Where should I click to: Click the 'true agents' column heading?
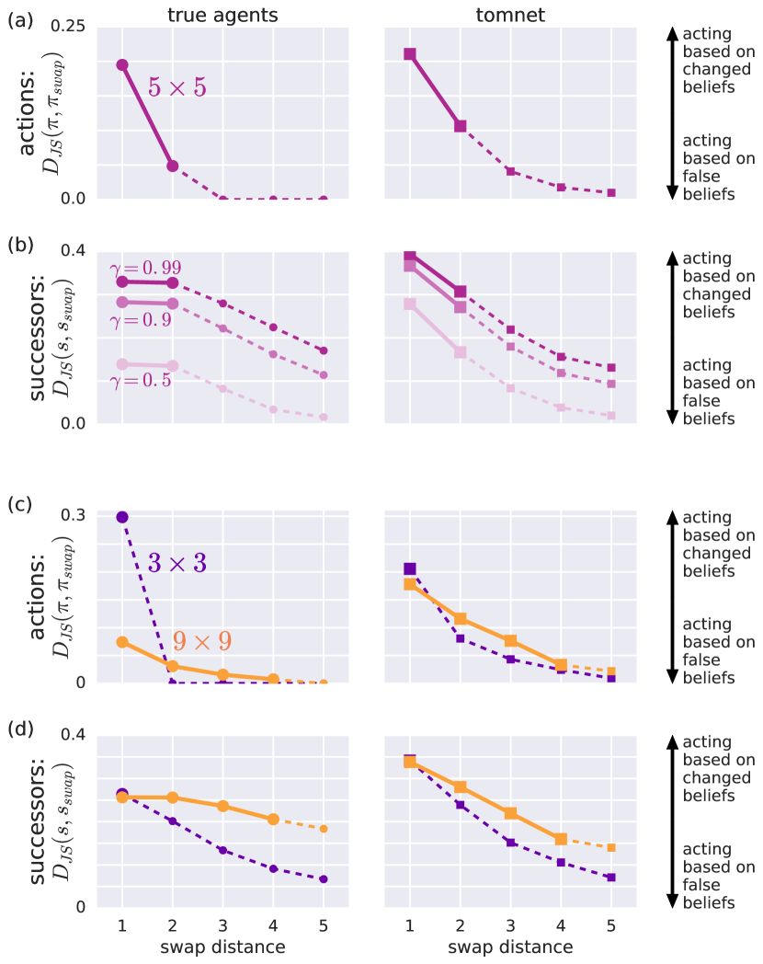pos(222,13)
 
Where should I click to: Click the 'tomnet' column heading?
pos(510,13)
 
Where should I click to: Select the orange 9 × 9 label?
pos(204,640)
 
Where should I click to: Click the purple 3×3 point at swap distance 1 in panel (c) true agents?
pos(121,517)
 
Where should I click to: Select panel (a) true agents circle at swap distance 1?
pos(121,64)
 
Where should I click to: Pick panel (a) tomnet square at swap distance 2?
pos(461,126)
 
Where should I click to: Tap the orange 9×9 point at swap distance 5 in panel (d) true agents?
pos(324,829)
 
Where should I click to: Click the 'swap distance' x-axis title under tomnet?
pos(510,947)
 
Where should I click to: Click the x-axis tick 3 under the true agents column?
pos(222,924)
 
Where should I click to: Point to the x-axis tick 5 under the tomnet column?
pos(611,924)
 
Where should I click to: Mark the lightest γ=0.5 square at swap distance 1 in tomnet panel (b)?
pos(410,304)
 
